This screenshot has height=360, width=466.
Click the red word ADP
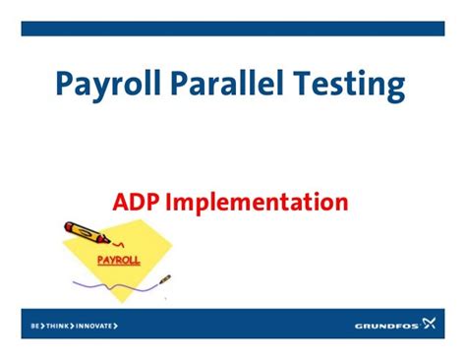136,203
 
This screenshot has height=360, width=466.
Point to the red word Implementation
257,205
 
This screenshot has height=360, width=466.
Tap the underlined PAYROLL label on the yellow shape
119,261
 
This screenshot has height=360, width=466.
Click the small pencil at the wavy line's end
164,280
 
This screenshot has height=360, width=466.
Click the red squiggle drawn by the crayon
120,242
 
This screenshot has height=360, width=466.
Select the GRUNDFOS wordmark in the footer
387,325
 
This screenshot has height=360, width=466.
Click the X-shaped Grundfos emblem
430,324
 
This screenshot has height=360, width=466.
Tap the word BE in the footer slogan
34,325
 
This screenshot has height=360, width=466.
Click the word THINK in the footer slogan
58,325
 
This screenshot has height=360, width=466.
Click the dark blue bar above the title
233,29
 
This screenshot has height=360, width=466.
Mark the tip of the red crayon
109,241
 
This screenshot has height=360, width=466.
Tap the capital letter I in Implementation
168,203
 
